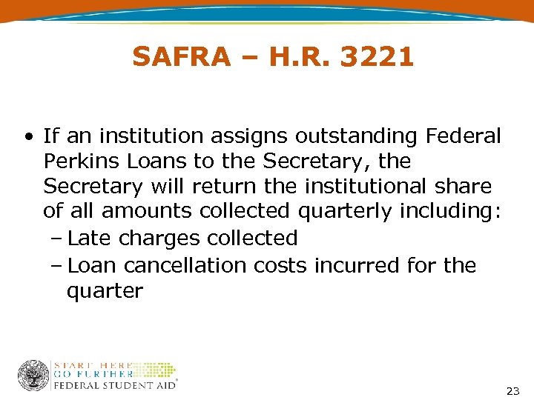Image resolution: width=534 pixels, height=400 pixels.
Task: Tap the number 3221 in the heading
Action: pyautogui.click(x=377, y=57)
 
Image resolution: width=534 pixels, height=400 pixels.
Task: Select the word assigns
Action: pyautogui.click(x=249, y=136)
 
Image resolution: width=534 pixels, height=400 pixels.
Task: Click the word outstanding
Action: pyautogui.click(x=357, y=136)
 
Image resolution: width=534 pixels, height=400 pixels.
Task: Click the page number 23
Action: pyautogui.click(x=512, y=390)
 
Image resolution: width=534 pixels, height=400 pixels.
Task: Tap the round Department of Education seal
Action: pyautogui.click(x=33, y=375)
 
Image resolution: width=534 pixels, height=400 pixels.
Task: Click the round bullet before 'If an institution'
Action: pyautogui.click(x=27, y=137)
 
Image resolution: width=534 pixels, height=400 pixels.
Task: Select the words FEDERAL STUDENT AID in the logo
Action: pyautogui.click(x=114, y=385)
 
